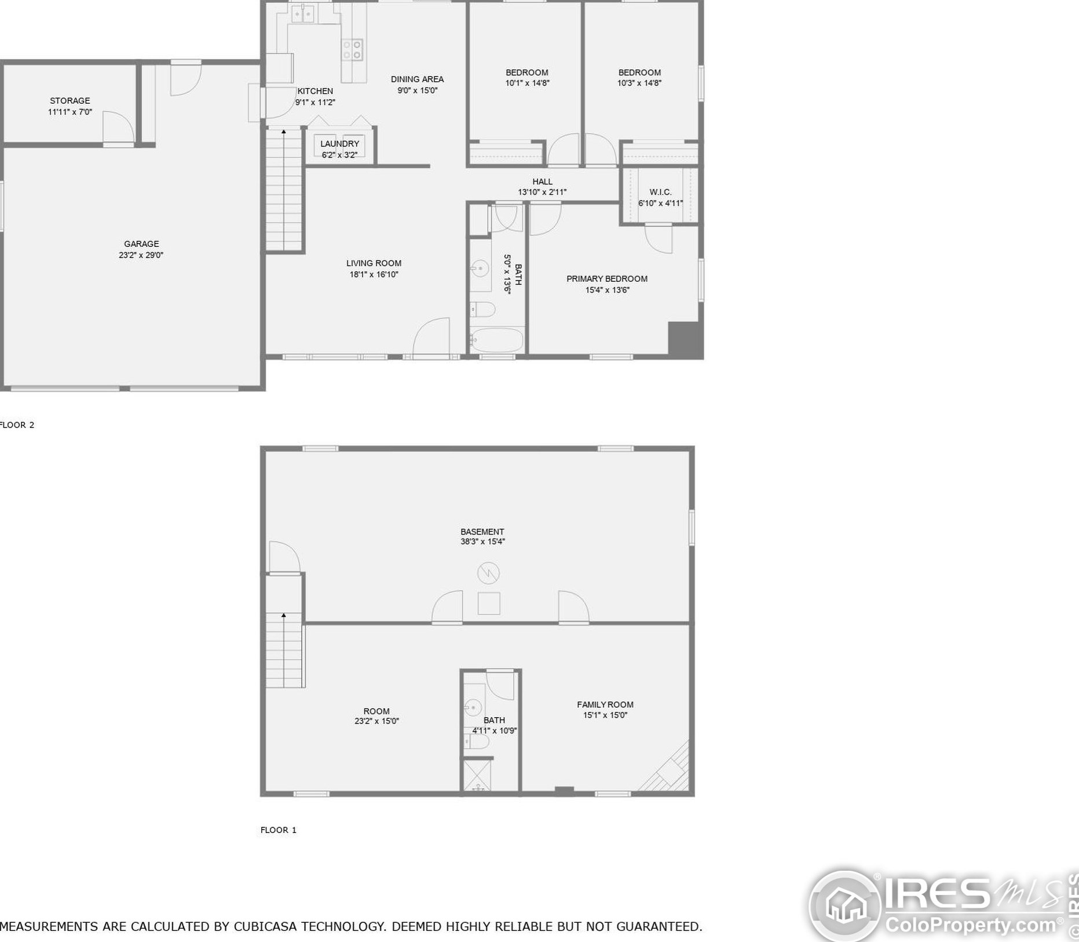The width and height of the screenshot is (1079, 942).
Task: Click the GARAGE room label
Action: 141,244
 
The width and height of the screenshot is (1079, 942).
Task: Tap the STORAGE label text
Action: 70,101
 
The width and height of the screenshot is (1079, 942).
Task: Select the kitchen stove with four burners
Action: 352,49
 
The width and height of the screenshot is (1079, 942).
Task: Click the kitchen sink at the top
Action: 302,13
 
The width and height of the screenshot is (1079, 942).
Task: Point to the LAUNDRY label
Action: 340,144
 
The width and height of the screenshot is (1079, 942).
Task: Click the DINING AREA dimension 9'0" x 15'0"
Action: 417,90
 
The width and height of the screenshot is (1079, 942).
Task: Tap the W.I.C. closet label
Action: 660,192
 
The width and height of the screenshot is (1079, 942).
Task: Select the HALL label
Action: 543,181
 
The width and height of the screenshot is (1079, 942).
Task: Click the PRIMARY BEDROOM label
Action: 607,279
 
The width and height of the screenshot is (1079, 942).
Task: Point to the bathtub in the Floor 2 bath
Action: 497,340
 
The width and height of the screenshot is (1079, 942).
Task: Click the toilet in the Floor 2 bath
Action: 482,310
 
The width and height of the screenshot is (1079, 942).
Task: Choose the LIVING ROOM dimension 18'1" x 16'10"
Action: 374,274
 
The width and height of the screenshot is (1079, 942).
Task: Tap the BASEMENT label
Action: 482,532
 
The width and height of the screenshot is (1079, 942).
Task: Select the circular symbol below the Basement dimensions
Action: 488,573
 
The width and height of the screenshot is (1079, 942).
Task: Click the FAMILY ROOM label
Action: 605,705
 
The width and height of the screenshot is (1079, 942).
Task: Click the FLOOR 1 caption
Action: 279,830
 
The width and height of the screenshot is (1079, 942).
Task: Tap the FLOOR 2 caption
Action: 17,425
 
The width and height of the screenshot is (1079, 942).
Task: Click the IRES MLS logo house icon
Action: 845,905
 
